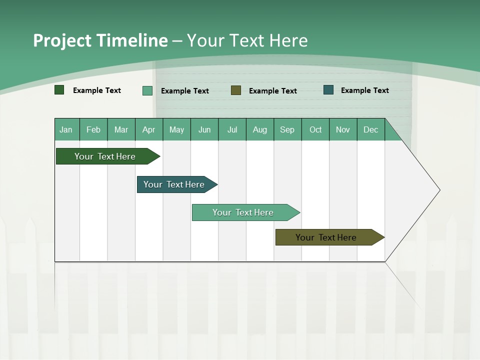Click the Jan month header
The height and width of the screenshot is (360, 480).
[x=66, y=129]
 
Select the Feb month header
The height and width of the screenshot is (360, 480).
[x=93, y=129]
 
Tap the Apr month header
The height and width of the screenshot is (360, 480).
[x=148, y=129]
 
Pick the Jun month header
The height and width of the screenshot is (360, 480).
[x=204, y=129]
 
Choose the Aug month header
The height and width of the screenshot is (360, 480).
[x=259, y=129]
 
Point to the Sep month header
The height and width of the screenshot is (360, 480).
[x=287, y=129]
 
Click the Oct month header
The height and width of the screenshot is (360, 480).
[x=315, y=129]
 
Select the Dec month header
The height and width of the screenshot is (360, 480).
[x=370, y=129]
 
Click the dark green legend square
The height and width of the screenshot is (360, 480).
[x=59, y=90]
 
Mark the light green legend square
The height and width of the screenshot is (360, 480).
[x=147, y=90]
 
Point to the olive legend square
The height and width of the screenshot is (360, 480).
[x=236, y=90]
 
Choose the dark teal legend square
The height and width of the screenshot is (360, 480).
[x=328, y=90]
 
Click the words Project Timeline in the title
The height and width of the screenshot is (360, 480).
[x=100, y=40]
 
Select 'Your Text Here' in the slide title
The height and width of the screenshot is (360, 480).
[x=247, y=40]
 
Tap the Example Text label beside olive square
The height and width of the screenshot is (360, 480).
[x=272, y=90]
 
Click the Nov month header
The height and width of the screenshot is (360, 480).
[x=342, y=129]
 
